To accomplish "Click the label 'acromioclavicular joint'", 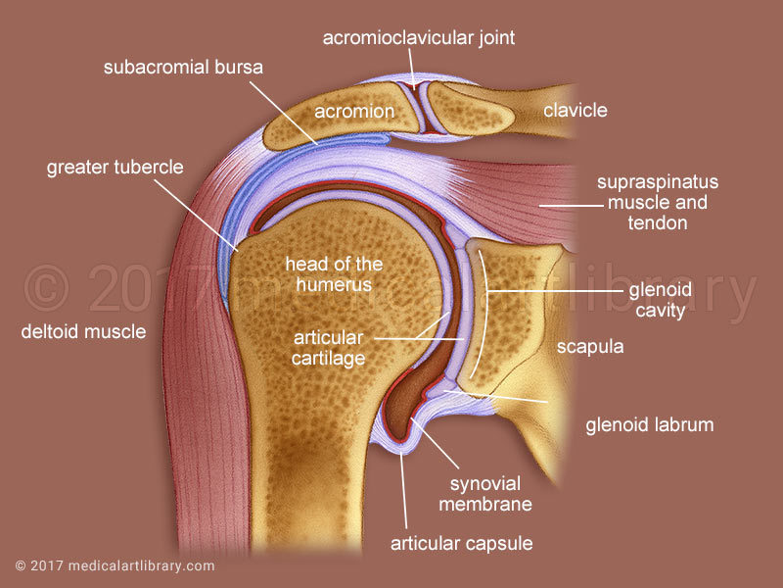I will [x=420, y=38].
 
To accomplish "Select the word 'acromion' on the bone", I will [x=353, y=112].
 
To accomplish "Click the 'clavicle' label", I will [x=576, y=110].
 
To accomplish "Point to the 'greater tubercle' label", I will [x=115, y=167].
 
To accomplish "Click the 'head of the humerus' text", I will [x=334, y=274].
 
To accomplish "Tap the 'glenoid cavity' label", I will [x=657, y=301].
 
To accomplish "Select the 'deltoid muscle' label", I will [x=83, y=331].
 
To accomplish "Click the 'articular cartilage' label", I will [x=329, y=348].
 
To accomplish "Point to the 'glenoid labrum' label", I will [x=650, y=425].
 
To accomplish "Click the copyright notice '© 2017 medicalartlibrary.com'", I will [x=115, y=565].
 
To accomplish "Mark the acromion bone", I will [x=294, y=122].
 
